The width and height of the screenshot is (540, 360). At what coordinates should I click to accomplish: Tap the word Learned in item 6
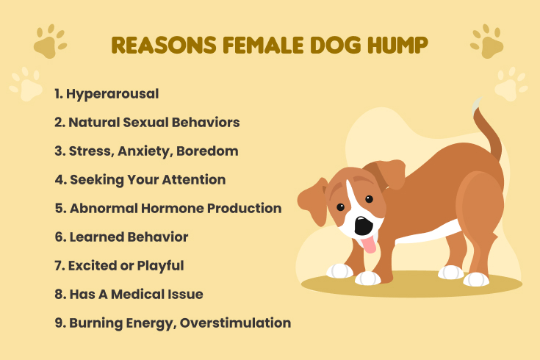97,237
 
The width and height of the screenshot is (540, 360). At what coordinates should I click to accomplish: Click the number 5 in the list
59,208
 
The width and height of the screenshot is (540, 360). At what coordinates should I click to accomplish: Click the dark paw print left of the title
49,43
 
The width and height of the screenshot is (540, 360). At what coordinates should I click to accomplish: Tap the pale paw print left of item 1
26,84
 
